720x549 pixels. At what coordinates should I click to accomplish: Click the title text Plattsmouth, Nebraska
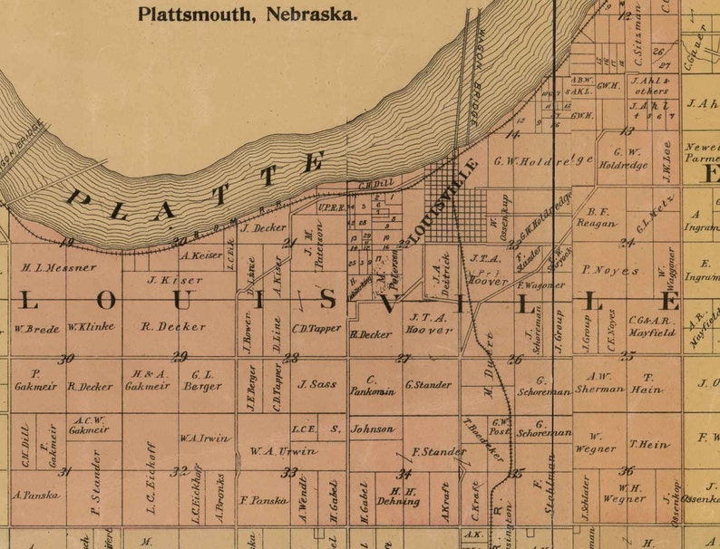pos(247,14)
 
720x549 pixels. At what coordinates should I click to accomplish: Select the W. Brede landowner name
pos(36,328)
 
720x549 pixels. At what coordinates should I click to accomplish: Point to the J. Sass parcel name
pos(316,384)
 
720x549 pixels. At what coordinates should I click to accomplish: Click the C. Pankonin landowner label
pos(373,385)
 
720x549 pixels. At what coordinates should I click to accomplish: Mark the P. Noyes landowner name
pos(610,270)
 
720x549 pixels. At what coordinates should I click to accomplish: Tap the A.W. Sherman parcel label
pos(598,382)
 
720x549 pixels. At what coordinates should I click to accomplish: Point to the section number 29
pos(180,356)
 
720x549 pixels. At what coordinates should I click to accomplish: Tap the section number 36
pos(627,470)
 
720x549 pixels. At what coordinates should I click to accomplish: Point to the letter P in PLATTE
pos(83,200)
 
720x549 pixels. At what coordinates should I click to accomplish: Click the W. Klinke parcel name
pos(92,326)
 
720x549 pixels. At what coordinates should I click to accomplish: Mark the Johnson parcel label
pos(373,429)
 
